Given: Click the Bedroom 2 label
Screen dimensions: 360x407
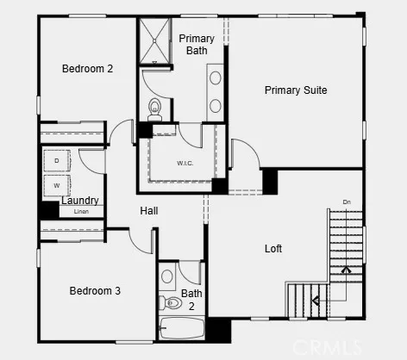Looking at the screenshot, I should tap(87, 69).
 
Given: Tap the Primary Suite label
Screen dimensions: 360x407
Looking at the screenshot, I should tap(296, 90).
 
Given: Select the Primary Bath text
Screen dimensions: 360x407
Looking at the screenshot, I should tap(197, 45).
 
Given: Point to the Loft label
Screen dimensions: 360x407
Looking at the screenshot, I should tap(273, 249).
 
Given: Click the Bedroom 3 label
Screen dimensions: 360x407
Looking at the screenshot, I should tap(95, 291).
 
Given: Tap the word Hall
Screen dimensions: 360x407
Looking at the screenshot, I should tap(149, 211).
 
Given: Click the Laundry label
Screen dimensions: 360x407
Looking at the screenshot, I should tap(79, 201).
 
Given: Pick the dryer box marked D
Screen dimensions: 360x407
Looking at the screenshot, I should tap(57, 161).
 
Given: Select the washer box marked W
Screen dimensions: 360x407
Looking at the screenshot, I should tap(57, 184).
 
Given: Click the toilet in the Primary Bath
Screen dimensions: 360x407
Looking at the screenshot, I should tap(155, 108).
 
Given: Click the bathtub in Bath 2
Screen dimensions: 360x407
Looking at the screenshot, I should tap(181, 329).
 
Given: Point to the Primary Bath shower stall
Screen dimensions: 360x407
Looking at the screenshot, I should tap(155, 40).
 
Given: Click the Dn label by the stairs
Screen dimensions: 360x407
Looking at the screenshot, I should tap(347, 202).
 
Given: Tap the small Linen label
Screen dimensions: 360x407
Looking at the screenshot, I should tap(81, 211).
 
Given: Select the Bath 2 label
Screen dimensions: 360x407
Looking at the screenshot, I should tap(191, 299).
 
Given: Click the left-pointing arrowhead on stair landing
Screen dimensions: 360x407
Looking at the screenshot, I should tap(316, 300).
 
